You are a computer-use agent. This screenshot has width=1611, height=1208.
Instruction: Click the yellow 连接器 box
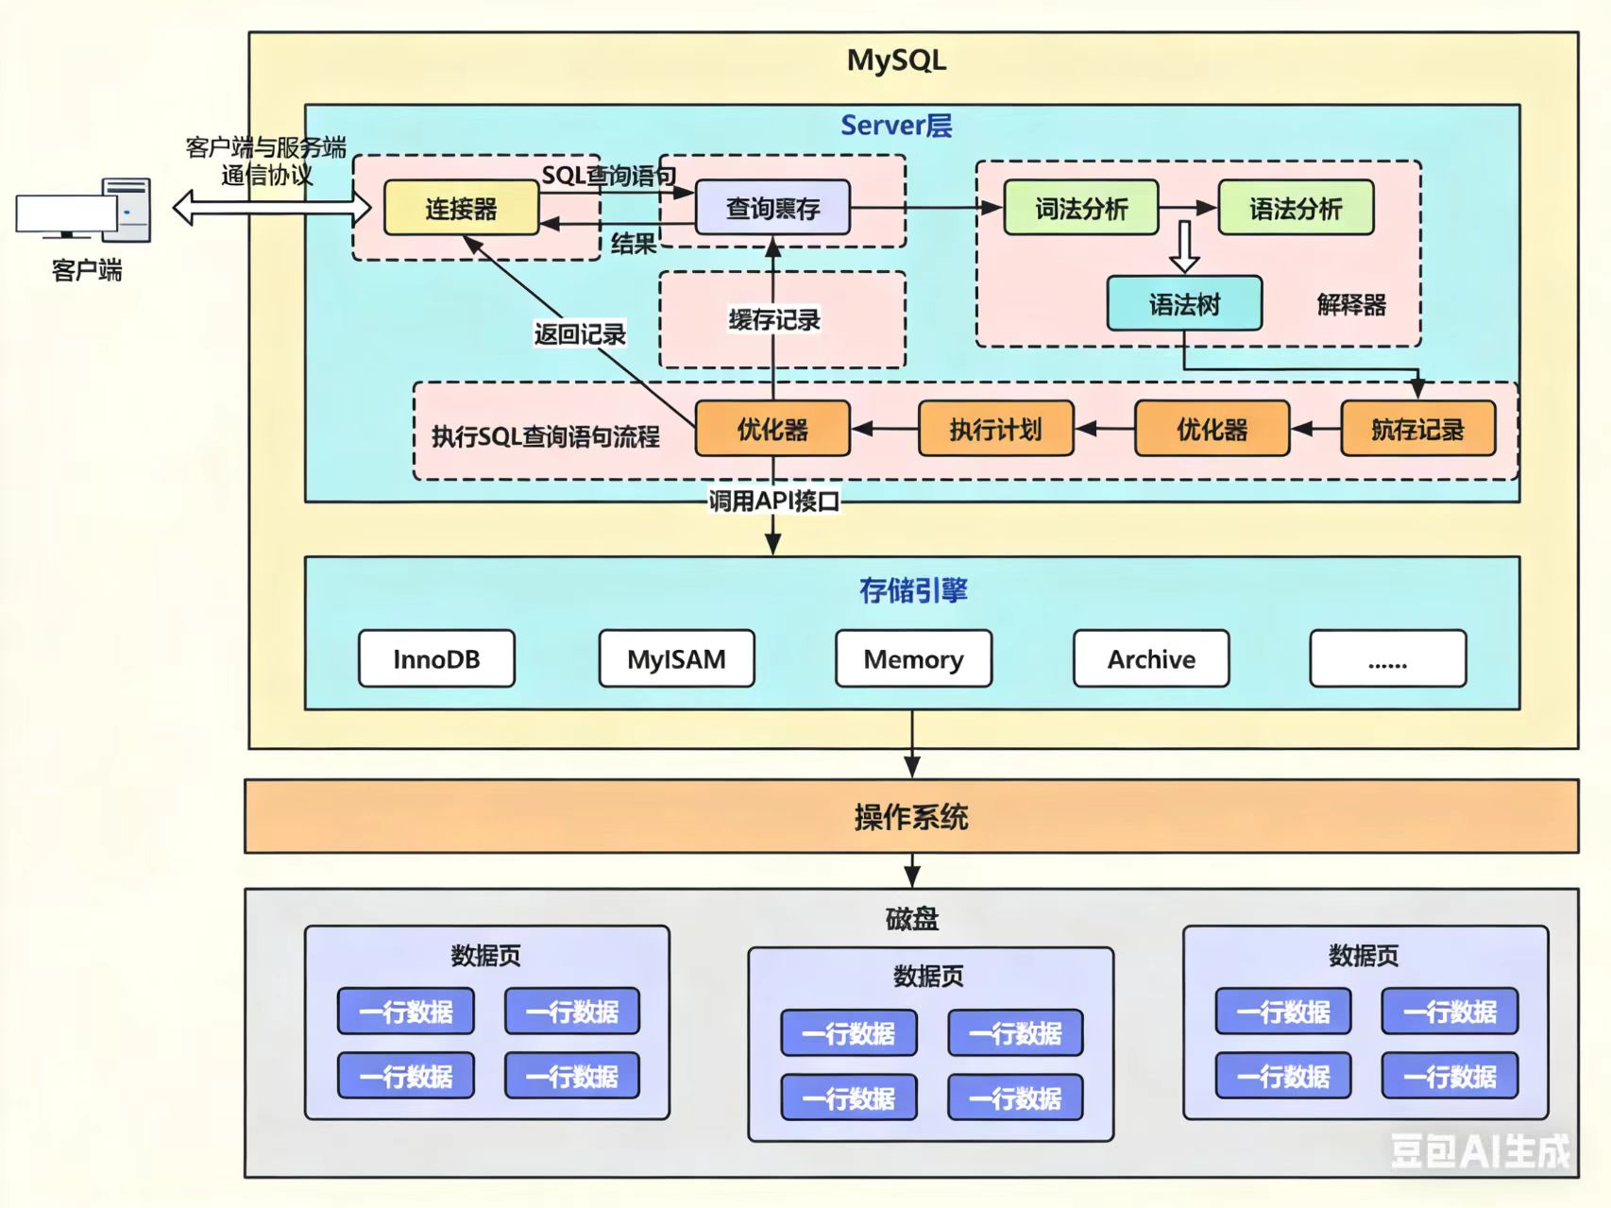tap(461, 208)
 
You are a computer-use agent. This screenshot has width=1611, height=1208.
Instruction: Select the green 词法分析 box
tap(1080, 208)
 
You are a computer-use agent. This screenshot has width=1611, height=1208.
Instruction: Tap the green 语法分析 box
tap(1296, 208)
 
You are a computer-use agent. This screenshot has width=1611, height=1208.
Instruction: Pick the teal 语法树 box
tap(1184, 304)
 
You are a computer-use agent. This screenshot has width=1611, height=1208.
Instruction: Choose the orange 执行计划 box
tap(995, 429)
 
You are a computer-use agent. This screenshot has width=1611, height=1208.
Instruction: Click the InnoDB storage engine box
tap(436, 658)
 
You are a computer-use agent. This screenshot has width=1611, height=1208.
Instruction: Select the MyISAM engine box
tap(676, 658)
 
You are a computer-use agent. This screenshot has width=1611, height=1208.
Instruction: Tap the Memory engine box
tap(913, 658)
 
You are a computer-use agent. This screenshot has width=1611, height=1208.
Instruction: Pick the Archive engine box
tap(1151, 658)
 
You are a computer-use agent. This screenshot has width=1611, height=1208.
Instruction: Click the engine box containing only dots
tap(1387, 658)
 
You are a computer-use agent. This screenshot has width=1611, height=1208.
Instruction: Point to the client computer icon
tap(84, 209)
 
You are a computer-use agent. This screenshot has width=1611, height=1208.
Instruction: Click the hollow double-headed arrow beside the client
tap(272, 207)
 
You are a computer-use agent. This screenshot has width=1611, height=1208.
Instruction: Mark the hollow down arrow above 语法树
tap(1184, 247)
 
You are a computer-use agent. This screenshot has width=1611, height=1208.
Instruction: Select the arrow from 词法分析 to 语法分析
tap(1188, 208)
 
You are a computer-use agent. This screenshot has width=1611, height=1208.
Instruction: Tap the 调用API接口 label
tap(774, 501)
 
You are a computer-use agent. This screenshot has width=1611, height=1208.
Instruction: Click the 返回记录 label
tap(580, 333)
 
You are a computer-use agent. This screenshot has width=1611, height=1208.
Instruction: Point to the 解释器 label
tap(1351, 305)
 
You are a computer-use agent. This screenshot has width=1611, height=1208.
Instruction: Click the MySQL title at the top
tap(896, 60)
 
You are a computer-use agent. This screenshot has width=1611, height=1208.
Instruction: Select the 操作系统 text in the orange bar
tap(911, 817)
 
